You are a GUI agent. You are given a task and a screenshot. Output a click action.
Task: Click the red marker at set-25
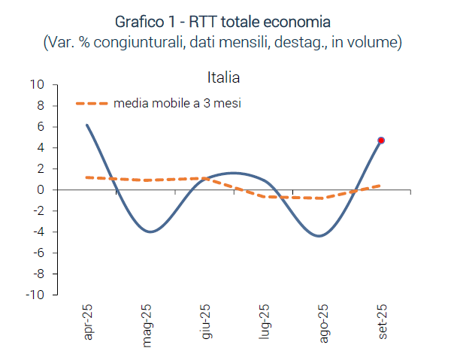tap(381, 141)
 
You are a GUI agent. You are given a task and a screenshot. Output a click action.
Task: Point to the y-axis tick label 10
tap(37, 84)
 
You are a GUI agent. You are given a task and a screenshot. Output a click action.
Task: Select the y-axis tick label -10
tap(35, 295)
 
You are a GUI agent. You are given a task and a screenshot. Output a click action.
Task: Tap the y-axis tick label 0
tap(41, 190)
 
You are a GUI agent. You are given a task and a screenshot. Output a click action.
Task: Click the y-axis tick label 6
tap(41, 126)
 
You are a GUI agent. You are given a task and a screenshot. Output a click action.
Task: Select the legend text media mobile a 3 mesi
tap(177, 104)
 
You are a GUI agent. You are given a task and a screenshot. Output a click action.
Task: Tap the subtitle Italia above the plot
tap(222, 77)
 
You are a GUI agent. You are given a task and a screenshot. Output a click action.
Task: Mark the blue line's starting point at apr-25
tap(87, 126)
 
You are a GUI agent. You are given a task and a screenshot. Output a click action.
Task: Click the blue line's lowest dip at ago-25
tap(319, 236)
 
